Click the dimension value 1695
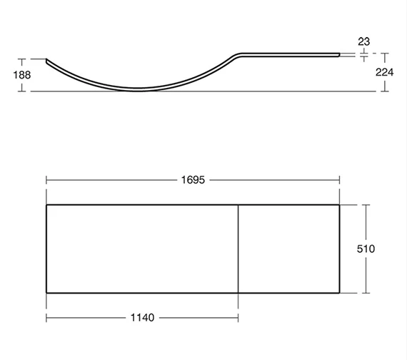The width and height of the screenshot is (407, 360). pyautogui.click(x=193, y=179)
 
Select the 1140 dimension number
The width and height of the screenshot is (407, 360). pyautogui.click(x=143, y=316)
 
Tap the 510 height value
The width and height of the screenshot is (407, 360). pyautogui.click(x=366, y=249)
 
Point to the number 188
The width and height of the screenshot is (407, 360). pyautogui.click(x=11, y=75)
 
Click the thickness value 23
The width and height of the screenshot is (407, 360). pyautogui.click(x=364, y=41)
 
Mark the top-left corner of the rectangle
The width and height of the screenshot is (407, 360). pyautogui.click(x=46, y=205)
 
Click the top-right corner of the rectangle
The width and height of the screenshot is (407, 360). pyautogui.click(x=340, y=205)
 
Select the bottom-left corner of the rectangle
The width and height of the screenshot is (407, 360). pyautogui.click(x=46, y=293)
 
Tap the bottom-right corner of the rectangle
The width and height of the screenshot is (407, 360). pyautogui.click(x=340, y=293)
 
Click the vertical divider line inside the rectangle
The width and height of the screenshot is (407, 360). pyautogui.click(x=238, y=249)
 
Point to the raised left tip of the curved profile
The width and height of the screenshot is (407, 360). pyautogui.click(x=47, y=61)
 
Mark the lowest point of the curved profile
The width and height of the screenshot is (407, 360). pyautogui.click(x=139, y=90)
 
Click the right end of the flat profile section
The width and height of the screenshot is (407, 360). pyautogui.click(x=339, y=52)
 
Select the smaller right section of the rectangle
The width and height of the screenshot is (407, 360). pyautogui.click(x=289, y=249)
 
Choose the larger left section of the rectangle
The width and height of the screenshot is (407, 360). pyautogui.click(x=142, y=249)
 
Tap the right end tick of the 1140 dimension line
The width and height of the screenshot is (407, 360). pyautogui.click(x=238, y=316)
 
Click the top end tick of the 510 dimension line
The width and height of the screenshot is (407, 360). pyautogui.click(x=366, y=205)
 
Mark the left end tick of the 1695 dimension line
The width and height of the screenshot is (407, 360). pyautogui.click(x=46, y=179)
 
